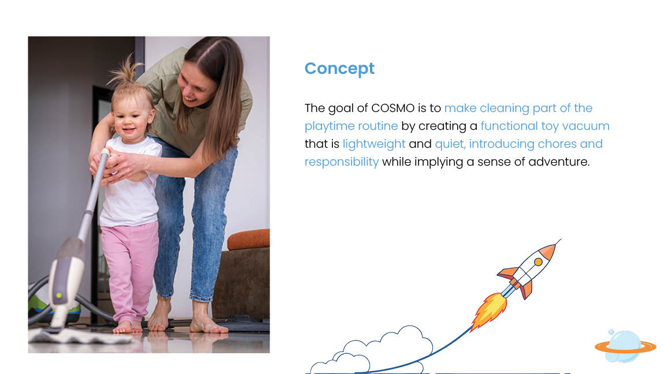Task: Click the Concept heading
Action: pyautogui.click(x=339, y=69)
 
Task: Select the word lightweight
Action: pyautogui.click(x=374, y=144)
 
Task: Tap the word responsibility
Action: pyautogui.click(x=341, y=162)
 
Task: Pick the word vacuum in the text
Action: pyautogui.click(x=586, y=126)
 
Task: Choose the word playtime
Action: pyautogui.click(x=327, y=126)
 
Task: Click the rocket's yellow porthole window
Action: pyautogui.click(x=538, y=262)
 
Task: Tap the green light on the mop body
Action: pyautogui.click(x=59, y=295)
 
